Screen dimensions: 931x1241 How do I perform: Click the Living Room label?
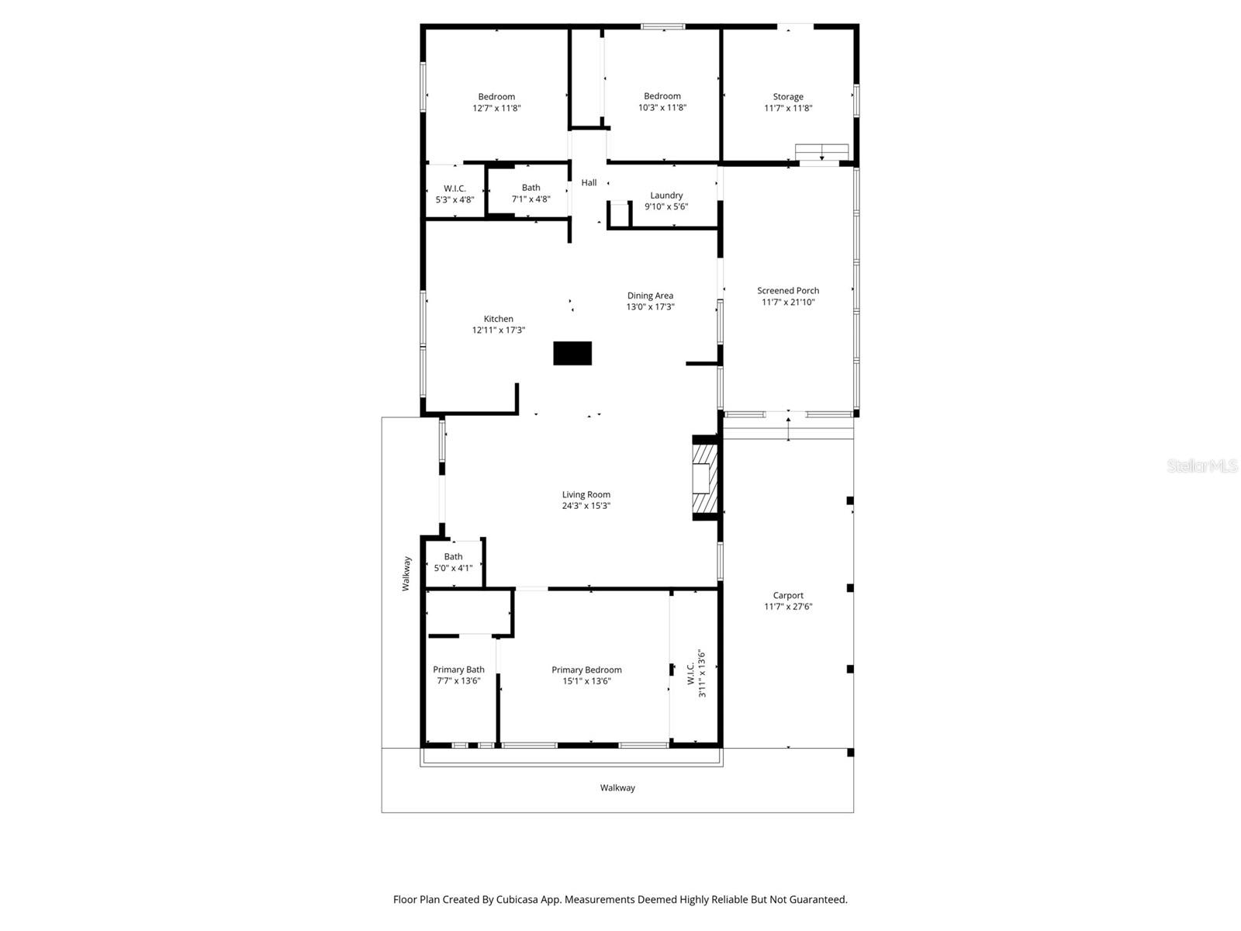pos(586,494)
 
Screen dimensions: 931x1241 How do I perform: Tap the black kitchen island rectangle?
pos(572,353)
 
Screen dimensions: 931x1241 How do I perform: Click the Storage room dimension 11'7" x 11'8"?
pos(788,109)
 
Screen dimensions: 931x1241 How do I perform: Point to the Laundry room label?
pos(666,196)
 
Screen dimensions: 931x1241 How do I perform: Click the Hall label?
pos(589,183)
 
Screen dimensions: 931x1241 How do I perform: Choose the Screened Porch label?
pos(788,291)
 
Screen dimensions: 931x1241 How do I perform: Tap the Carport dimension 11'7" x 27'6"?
pos(788,607)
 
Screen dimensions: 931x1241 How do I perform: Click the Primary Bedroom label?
pos(586,670)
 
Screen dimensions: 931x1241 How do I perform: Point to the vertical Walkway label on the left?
pos(406,574)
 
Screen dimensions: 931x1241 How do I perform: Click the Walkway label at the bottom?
pos(617,788)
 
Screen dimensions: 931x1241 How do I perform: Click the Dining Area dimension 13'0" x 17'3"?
pos(650,307)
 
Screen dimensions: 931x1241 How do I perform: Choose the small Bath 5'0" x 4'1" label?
pos(453,557)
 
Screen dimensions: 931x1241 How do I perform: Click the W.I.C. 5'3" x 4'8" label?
pos(455,189)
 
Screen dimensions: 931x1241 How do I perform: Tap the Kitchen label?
pos(498,319)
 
